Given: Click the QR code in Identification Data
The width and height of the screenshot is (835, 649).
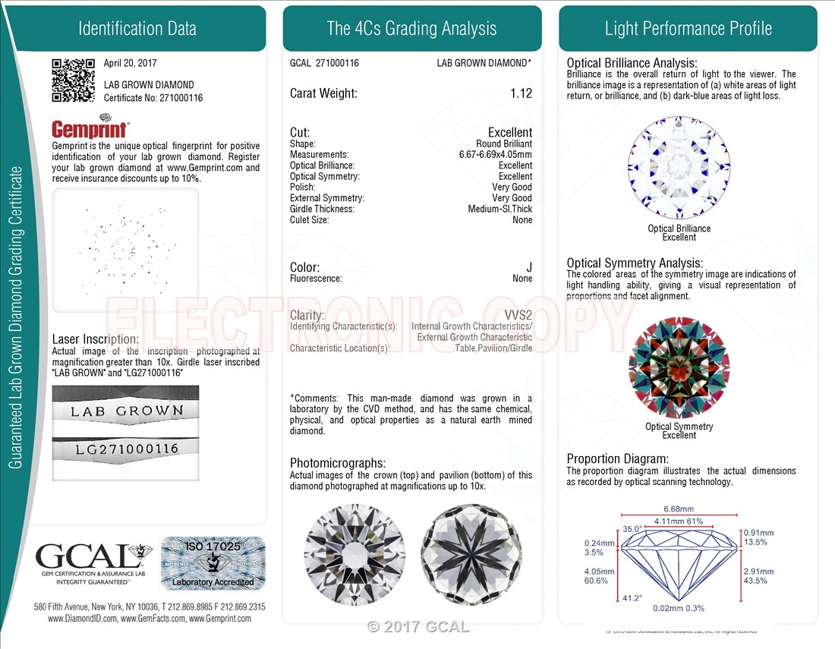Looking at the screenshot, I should coord(73,80).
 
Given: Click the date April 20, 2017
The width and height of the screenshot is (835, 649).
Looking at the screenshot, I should coord(131,64).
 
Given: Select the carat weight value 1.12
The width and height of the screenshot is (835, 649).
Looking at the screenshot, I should coord(521,93).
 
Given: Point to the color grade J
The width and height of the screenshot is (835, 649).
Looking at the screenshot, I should coord(529,267).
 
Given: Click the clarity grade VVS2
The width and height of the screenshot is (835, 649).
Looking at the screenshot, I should coord(518,315).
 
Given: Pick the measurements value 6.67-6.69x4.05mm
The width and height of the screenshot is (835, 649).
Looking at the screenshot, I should coord(490,155).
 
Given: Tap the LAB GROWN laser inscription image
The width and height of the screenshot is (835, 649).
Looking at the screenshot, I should coord(126,411).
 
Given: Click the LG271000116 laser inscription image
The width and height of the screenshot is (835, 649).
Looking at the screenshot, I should coord(126,449).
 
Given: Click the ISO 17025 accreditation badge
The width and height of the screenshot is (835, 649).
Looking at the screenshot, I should coord(213,563).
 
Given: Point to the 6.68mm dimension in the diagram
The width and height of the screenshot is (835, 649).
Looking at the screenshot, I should coord(679,509).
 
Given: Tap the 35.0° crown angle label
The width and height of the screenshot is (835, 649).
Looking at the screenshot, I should coord(632,528).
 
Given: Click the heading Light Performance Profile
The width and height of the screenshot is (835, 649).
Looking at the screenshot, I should coord(688,29).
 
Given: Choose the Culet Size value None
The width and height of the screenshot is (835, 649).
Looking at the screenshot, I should coord(522,220).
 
